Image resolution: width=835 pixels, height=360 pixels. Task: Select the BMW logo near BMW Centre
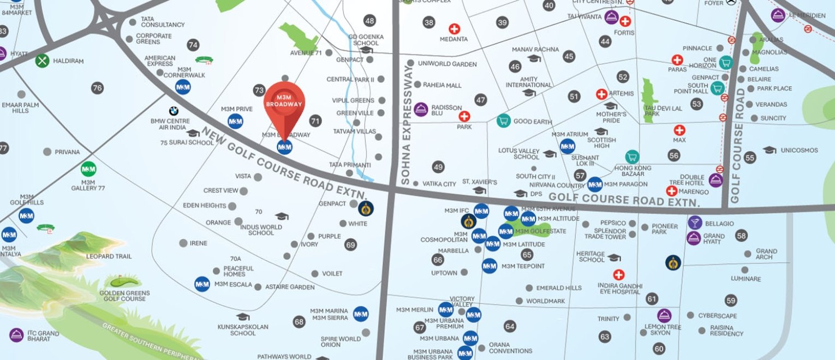pos(174,111)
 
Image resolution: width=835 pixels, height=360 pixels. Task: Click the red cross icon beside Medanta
pos(454,29)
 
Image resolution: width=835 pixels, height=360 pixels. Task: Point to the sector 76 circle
pos(97,88)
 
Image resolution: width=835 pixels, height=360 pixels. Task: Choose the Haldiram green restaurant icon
pos(43,61)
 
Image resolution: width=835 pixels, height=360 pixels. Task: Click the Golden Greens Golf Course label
pos(124,296)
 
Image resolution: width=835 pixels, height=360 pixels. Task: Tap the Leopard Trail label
pos(109,256)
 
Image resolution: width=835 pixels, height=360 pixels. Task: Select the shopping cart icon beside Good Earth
pos(503,121)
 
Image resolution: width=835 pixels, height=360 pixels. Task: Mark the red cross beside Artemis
pos(601,94)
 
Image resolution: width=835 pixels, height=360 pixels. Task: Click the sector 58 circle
pos(741,236)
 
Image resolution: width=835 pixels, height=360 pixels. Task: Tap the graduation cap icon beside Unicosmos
pos(769,150)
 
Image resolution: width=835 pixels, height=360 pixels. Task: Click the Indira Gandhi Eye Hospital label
pos(618,289)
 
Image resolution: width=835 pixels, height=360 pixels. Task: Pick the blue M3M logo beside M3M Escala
pos(202,284)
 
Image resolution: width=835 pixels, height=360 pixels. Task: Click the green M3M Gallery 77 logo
pos(88,169)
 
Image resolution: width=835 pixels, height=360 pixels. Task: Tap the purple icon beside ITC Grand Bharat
pos(16,334)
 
